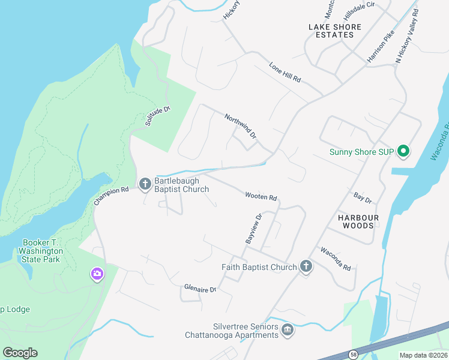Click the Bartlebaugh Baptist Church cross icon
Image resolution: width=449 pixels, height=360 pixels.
[145, 184]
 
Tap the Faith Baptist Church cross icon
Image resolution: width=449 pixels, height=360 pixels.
[306, 267]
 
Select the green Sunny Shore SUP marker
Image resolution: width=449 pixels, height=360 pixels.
[403, 151]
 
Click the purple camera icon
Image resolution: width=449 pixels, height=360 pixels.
[97, 274]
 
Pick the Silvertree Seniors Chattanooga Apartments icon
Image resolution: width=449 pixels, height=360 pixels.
[288, 329]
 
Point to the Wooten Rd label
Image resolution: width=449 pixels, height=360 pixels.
[261, 196]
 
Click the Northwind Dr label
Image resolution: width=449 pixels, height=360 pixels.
[240, 127]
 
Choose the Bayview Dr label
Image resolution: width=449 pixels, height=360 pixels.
[254, 229]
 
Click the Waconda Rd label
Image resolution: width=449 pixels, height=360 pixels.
[335, 259]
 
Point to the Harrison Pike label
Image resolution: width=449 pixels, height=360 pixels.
[381, 46]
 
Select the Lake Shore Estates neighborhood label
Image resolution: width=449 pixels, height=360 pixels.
[335, 31]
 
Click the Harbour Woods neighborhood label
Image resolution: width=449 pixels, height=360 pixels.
[358, 221]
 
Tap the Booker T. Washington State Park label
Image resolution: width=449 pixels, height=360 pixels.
[40, 251]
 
